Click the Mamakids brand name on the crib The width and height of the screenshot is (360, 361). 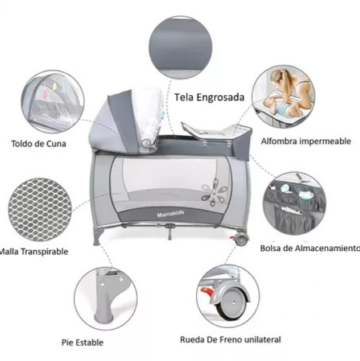coord(171,214)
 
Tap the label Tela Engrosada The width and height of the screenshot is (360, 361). coord(209,97)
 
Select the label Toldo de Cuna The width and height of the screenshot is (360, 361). coord(39,144)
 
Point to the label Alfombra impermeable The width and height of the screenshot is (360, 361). coord(306,141)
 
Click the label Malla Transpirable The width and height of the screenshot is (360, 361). coord(34,251)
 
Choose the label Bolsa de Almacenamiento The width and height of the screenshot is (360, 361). coord(310,248)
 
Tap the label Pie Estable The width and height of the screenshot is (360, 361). coord(82,342)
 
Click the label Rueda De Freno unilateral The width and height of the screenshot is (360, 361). coord(230,340)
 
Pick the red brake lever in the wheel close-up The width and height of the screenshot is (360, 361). coord(206,291)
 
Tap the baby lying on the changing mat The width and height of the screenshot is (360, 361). coord(280,106)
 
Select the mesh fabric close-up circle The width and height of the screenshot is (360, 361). coord(39,210)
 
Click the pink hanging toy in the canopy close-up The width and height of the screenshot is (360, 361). coord(46,94)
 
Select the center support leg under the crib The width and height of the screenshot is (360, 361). coord(169,232)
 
